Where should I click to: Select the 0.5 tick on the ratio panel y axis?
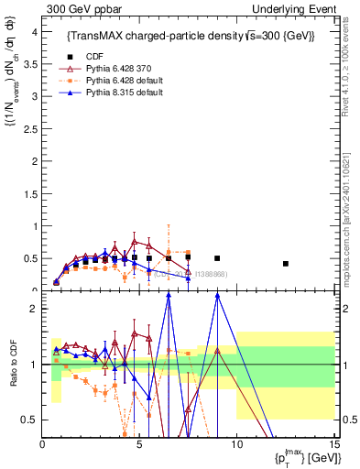[29, 420]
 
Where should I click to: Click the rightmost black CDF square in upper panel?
[286, 264]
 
